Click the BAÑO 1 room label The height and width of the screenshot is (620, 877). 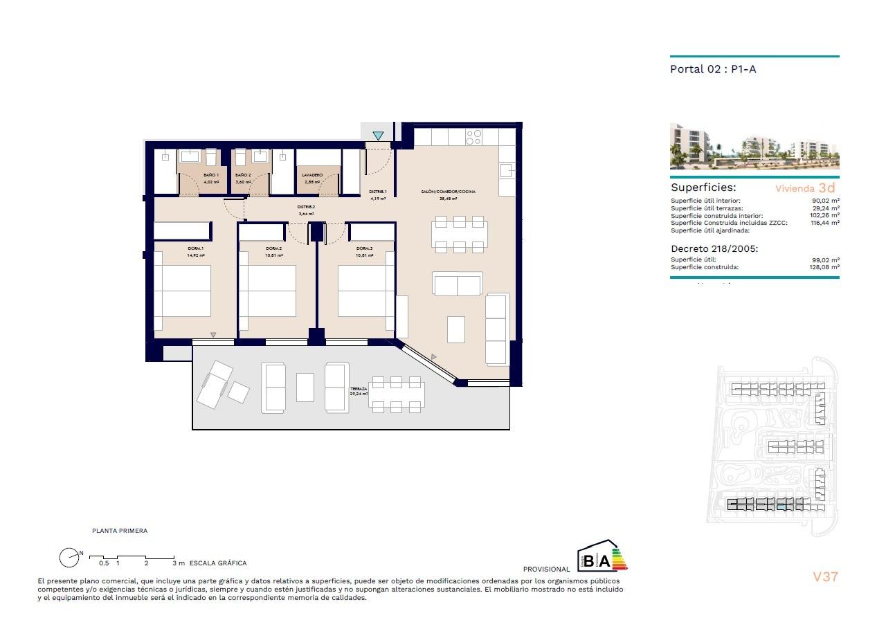click(211, 175)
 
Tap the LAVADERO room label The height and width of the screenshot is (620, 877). click(313, 175)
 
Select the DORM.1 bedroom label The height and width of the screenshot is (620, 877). click(195, 248)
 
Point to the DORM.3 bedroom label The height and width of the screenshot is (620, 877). click(365, 248)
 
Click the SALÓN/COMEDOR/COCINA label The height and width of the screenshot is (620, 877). click(449, 192)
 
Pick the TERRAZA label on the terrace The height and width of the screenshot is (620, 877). click(359, 389)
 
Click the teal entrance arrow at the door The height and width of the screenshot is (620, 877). click(378, 136)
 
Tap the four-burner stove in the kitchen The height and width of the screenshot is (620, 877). click(473, 137)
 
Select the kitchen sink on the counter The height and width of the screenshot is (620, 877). click(507, 169)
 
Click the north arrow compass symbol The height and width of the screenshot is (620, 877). click(69, 557)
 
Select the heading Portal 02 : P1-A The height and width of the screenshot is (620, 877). click(713, 69)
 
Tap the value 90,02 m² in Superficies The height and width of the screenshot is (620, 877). click(826, 201)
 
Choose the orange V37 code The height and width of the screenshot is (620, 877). click(825, 576)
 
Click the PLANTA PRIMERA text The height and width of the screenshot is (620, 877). click(120, 531)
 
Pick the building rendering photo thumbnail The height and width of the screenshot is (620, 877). click(754, 147)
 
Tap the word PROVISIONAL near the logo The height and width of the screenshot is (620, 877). click(547, 569)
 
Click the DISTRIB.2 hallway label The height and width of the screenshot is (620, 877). click(306, 207)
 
